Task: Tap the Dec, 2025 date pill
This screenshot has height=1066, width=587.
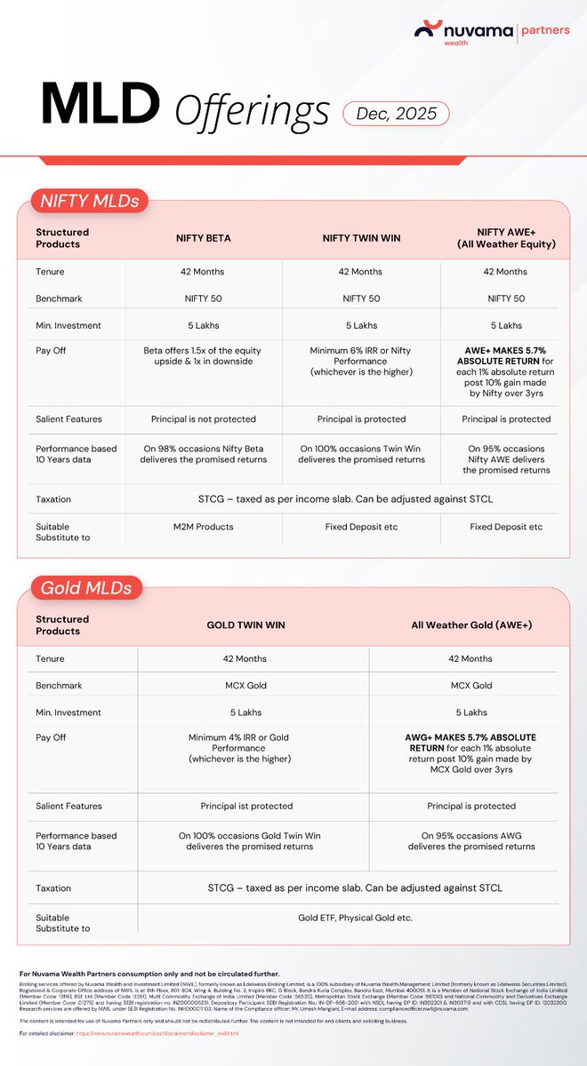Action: click(x=396, y=114)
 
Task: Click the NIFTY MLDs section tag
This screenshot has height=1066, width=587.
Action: click(x=90, y=202)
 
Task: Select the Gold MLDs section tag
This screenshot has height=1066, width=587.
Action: click(x=85, y=587)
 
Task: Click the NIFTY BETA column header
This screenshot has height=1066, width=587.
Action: click(x=204, y=238)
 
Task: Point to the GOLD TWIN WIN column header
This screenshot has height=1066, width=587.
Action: click(x=245, y=625)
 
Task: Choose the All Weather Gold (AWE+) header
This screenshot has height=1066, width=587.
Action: click(x=470, y=625)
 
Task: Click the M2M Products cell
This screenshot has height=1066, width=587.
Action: click(x=204, y=527)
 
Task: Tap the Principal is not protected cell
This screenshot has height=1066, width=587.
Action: click(x=204, y=419)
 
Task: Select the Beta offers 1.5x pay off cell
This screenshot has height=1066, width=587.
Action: click(x=204, y=356)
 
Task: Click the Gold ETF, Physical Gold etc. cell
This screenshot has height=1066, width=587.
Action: click(x=356, y=916)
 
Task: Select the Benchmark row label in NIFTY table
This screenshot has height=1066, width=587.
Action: click(x=59, y=298)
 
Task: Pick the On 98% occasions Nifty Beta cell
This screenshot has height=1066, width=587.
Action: click(x=204, y=454)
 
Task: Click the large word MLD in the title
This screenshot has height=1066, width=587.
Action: click(x=90, y=105)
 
